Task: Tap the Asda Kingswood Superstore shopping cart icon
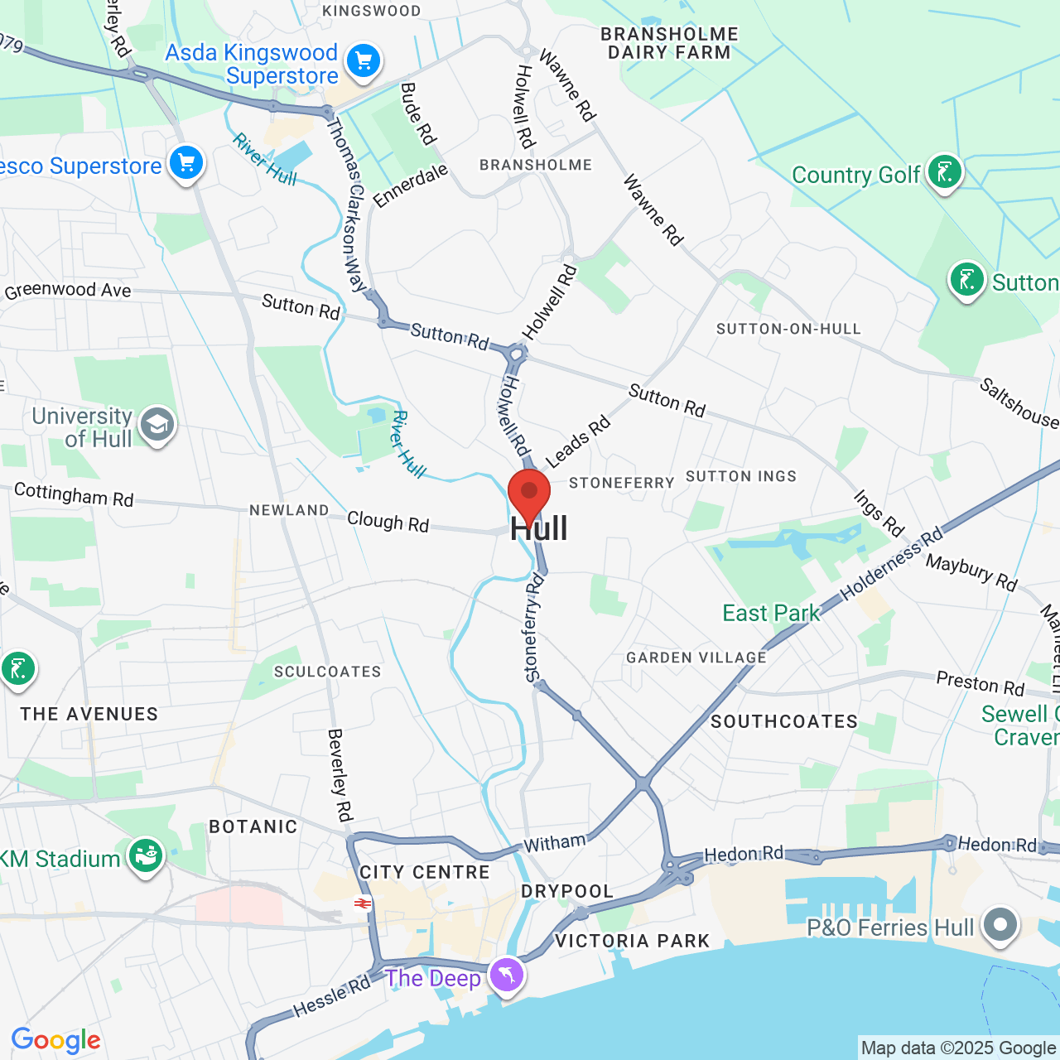pos(363,60)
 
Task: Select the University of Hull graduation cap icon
pos(157,425)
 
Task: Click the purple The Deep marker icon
pos(506,975)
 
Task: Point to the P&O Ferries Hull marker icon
pos(1000,924)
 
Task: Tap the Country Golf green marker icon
pos(944,172)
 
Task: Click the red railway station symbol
pos(362,903)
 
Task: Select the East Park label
pos(771,613)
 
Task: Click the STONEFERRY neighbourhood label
pos(621,483)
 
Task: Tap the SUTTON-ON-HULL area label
pos(788,329)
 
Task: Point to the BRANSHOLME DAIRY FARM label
pos(669,43)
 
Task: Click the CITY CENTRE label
pos(425,872)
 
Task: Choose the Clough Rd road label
pos(388,522)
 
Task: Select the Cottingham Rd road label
pos(74,494)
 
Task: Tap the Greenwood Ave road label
pos(68,290)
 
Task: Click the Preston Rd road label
pos(980,684)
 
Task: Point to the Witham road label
pos(554,843)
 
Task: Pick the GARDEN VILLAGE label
pos(696,658)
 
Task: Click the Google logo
pos(55,1040)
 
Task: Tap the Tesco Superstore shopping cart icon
pos(186,163)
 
